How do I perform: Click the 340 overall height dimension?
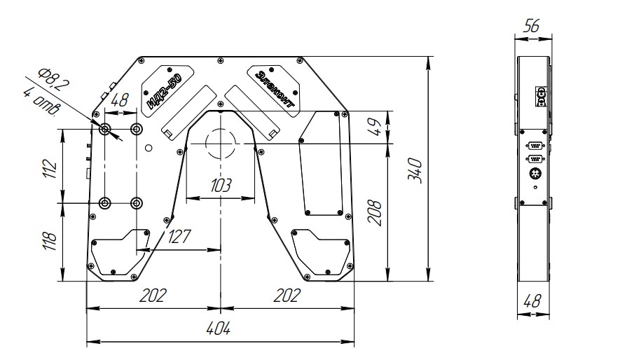415,171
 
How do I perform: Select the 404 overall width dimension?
219,328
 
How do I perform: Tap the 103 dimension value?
221,185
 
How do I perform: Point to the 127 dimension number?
179,236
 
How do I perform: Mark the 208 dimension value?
374,212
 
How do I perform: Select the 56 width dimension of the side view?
531,26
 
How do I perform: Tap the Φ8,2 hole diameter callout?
53,80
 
